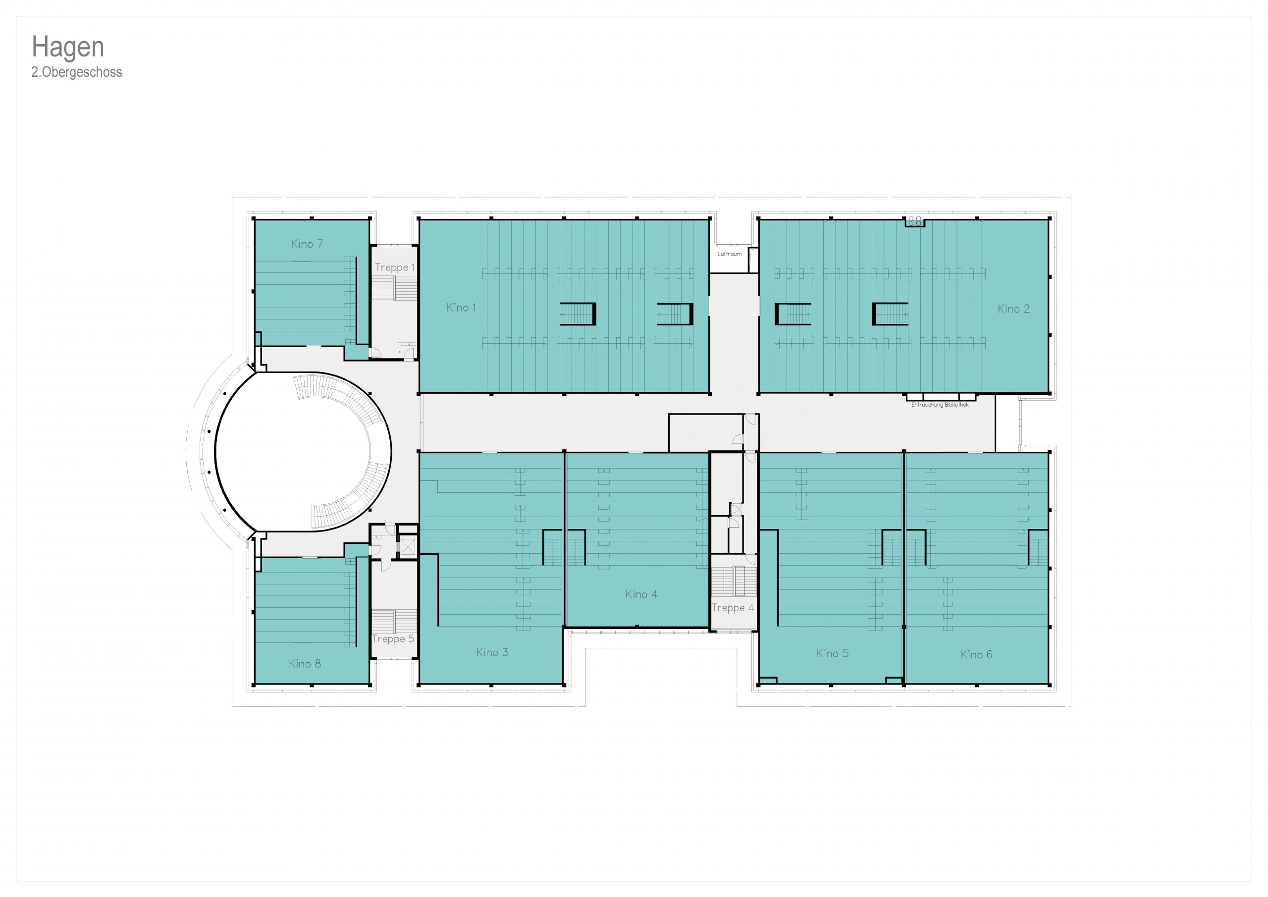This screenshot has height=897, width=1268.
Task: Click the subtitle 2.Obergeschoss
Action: click(77, 72)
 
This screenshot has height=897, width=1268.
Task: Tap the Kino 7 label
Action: click(307, 244)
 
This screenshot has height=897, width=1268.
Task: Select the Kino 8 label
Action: click(305, 663)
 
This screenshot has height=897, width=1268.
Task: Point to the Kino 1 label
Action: click(461, 308)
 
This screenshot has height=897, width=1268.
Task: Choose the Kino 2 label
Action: click(1013, 309)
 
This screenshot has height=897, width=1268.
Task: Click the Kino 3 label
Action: click(492, 652)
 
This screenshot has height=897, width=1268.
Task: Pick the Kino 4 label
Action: click(641, 594)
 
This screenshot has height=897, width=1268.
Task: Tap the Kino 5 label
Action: click(832, 653)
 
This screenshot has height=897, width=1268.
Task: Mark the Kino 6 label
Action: click(976, 654)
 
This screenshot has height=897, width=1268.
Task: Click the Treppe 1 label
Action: click(395, 267)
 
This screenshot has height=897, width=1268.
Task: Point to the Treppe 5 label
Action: click(393, 639)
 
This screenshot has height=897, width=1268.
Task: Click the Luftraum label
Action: click(730, 254)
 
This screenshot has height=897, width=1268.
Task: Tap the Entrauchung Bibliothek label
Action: click(940, 405)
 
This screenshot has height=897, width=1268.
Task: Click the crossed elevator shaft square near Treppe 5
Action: click(408, 547)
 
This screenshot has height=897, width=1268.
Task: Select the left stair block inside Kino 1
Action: click(578, 314)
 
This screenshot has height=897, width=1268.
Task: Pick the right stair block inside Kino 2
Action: click(890, 314)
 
